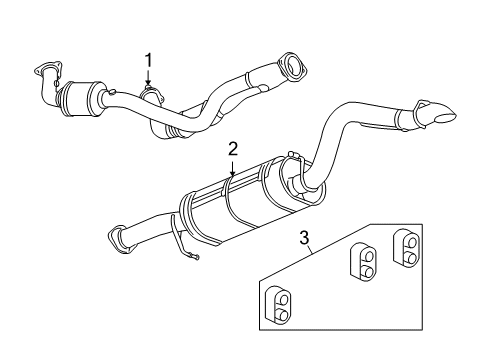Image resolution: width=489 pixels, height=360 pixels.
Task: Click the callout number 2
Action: pyautogui.click(x=232, y=148)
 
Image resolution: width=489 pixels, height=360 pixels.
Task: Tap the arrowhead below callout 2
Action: pyautogui.click(x=232, y=176)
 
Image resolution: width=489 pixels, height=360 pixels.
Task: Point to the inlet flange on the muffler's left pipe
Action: pyautogui.click(x=117, y=238)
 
